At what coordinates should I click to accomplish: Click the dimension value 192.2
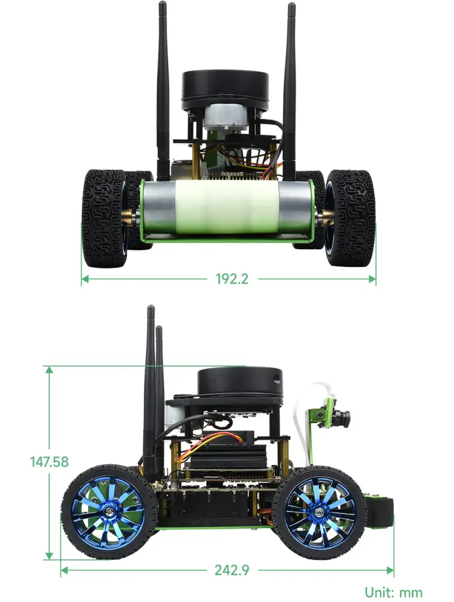tap(232, 279)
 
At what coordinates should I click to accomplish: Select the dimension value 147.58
tap(49, 462)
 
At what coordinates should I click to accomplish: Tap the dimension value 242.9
tap(232, 570)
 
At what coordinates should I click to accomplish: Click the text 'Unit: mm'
tap(393, 592)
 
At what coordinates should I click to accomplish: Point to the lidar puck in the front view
tap(225, 90)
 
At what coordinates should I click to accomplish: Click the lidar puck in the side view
tap(241, 383)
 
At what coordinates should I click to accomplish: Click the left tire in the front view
tap(104, 218)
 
